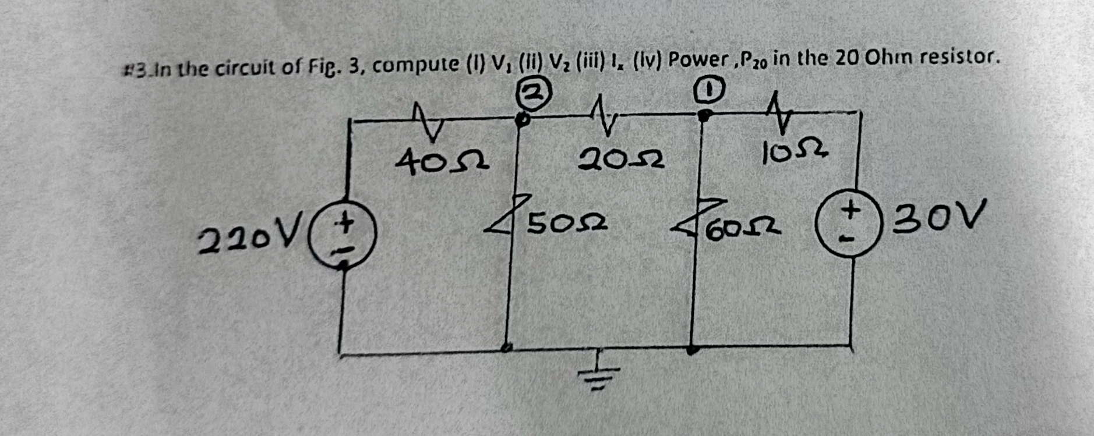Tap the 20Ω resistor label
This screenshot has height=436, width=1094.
621,158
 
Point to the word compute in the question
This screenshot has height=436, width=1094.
415,65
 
